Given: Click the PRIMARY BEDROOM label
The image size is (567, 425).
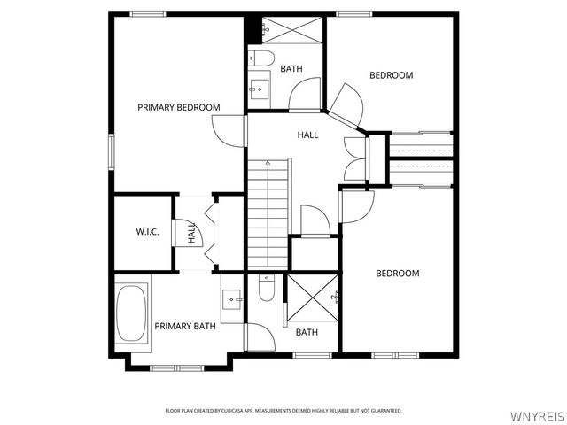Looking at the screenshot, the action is coord(179,108).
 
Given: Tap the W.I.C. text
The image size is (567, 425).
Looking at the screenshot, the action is coord(148,232).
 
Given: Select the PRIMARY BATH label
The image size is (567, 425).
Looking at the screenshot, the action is coord(185,327).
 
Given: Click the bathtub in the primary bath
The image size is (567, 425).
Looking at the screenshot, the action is coord(132,313).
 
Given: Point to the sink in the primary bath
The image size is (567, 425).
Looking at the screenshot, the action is coord(232,299).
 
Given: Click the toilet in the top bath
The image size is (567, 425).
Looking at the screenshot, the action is coord(262,58).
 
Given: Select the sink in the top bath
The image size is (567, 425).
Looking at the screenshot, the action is coord(260,89).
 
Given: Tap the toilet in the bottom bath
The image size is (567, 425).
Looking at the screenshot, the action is coord(267,288).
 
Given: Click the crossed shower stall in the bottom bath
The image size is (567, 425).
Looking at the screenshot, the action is coord(313,297).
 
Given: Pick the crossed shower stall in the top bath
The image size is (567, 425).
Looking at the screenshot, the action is coord(291,30).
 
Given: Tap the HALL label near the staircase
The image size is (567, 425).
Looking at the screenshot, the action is coord(307,135).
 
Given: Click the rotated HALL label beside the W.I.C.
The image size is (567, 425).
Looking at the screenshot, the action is coord(191,233).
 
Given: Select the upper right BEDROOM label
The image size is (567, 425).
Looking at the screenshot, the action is coord(392,75).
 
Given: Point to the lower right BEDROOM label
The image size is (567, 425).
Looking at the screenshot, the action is coord(398,274).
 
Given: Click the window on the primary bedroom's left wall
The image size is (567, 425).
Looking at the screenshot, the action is coord(112,151).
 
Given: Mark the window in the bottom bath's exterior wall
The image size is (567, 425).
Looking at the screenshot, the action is coord(312,356).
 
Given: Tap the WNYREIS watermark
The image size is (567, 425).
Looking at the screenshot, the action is coord(537,416).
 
